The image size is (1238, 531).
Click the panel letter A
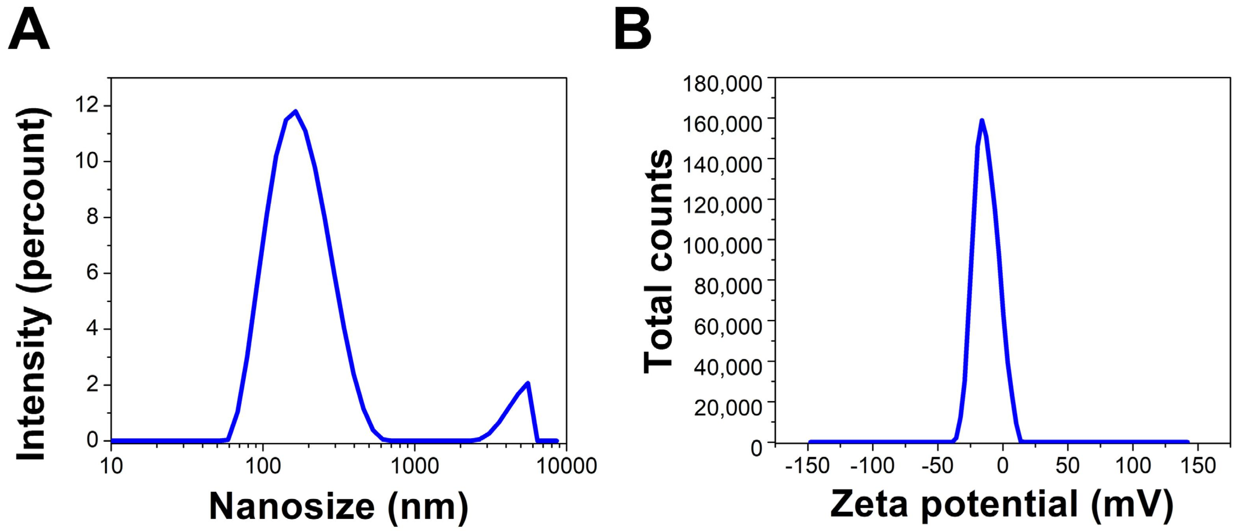point(29,31)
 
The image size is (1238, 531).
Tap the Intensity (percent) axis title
point(33,284)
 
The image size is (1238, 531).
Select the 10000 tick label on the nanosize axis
point(566,466)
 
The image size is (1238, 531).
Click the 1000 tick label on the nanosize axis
point(414,466)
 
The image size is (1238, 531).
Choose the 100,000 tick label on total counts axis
point(722,245)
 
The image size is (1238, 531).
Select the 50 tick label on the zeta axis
point(1067,466)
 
